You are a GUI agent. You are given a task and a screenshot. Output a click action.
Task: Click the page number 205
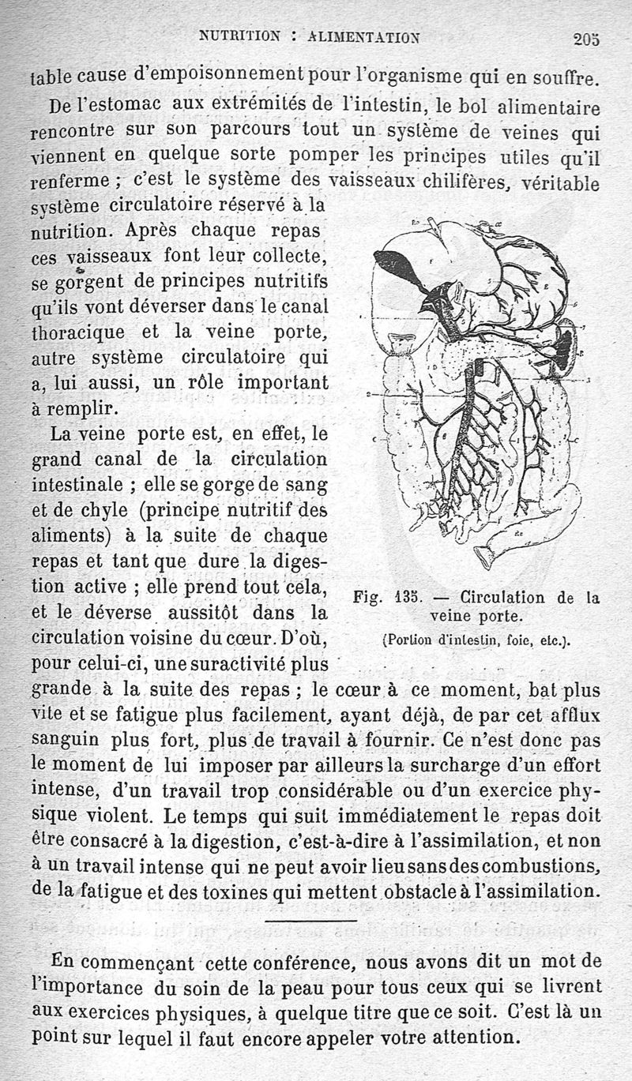(x=587, y=39)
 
